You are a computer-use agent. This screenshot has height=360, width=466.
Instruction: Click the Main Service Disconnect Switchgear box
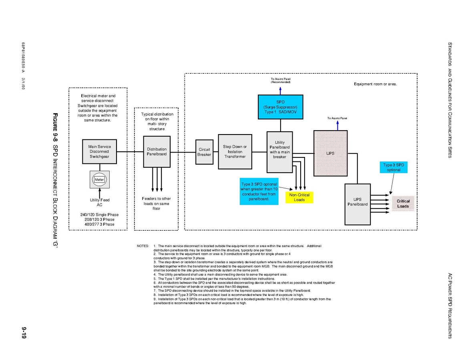point(99,152)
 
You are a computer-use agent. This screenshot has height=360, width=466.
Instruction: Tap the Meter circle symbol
point(99,179)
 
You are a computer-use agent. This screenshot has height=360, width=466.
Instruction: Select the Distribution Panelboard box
point(157,152)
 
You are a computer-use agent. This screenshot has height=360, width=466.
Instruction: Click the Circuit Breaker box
point(204,152)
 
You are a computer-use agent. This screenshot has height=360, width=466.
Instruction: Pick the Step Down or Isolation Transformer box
point(235,152)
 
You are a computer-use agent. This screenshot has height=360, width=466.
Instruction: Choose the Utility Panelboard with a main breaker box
point(280,152)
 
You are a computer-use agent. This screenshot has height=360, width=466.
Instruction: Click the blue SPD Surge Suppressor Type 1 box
point(280,107)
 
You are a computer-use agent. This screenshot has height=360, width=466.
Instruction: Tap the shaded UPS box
point(330,153)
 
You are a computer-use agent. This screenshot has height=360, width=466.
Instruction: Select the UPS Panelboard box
point(358,204)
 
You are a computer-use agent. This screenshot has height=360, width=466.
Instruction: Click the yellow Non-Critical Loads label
point(299,197)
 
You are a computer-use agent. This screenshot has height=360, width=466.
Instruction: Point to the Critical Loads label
point(403,204)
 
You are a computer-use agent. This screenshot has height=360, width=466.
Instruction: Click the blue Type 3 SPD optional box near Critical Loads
point(394,167)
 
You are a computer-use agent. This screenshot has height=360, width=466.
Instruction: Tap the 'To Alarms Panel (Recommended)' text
point(281,80)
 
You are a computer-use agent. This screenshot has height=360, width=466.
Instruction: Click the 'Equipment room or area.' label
point(375,84)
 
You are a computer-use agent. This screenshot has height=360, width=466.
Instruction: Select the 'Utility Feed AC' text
point(99,202)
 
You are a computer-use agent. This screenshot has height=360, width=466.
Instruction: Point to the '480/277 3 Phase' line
point(99,224)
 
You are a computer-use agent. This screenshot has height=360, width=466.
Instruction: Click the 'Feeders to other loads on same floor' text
point(156,203)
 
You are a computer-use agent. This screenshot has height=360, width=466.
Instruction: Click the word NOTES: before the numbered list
point(143,246)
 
